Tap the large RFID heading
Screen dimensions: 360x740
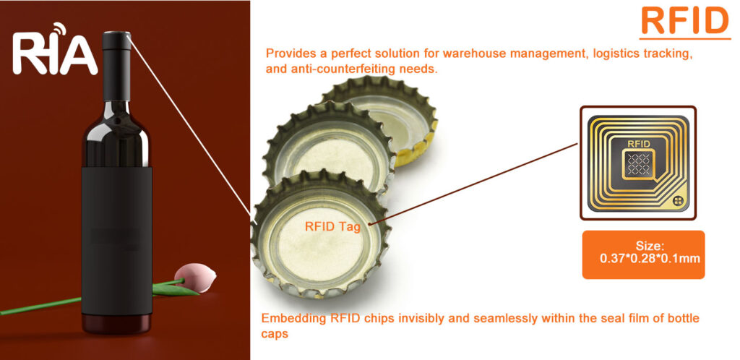[684, 21]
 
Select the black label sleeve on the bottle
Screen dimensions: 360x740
[116, 231]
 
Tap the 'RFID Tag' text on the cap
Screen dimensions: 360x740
[332, 226]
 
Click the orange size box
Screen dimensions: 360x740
[642, 254]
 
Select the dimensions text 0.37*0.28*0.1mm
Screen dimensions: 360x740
[650, 257]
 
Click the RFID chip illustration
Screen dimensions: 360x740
[637, 163]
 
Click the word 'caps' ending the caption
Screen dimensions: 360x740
[274, 334]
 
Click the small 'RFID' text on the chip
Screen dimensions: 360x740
[639, 144]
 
